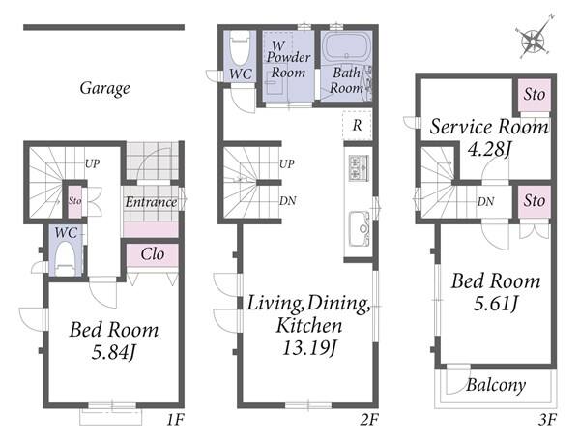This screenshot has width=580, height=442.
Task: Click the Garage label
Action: tap(104, 88)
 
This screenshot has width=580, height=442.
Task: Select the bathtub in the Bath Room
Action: tap(346, 47)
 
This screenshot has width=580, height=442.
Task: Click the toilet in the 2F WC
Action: tap(240, 48)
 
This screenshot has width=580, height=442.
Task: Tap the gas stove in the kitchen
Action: tap(359, 168)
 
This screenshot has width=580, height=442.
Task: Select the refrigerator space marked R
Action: tap(357, 125)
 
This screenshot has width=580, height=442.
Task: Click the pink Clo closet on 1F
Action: tap(153, 254)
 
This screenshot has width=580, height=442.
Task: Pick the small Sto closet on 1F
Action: tap(74, 201)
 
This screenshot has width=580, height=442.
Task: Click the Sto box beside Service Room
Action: tap(535, 95)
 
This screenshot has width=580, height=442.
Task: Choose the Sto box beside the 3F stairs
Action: tap(535, 201)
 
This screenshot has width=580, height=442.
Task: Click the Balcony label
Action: tap(496, 385)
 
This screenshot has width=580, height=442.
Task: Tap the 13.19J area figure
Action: tap(309, 347)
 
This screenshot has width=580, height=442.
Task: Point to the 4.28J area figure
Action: tap(488, 149)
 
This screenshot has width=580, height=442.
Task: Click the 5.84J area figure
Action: tap(113, 352)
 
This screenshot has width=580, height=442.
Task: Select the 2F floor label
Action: tap(369, 420)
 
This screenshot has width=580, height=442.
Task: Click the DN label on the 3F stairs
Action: tap(485, 202)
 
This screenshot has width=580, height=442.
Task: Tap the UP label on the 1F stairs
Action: tap(92, 163)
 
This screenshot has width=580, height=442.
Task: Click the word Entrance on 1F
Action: tap(151, 202)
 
